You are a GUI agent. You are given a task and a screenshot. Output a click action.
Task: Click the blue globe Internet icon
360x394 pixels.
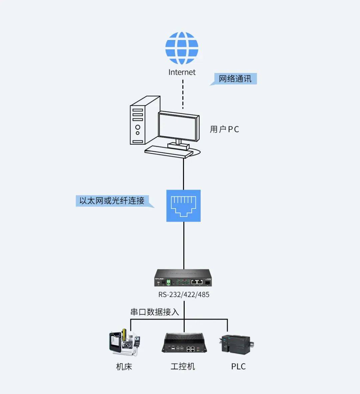coord(182,48)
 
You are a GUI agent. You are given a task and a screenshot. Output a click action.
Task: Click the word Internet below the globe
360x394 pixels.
coord(182,72)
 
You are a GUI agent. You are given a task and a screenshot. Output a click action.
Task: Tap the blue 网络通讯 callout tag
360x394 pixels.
coord(235,79)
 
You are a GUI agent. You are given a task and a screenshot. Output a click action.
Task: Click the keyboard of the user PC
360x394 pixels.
coord(169,152)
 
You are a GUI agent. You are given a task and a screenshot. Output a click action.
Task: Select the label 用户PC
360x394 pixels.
coord(224,129)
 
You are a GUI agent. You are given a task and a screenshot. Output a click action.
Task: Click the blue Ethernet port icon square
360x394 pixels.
coord(183,206)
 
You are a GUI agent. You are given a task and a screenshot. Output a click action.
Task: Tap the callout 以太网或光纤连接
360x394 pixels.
coord(112,201)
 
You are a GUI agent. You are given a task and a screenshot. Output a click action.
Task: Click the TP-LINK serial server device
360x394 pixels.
coord(183,278)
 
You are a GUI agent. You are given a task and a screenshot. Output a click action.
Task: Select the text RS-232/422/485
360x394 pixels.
coord(184,295)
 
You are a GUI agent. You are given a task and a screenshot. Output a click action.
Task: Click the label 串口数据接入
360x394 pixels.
coord(155,312)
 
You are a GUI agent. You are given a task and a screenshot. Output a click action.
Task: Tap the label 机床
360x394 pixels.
coord(124,367)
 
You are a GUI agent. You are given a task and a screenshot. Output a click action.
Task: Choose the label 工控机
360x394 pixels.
coord(183,367)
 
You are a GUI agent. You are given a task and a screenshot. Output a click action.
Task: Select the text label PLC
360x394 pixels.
coord(238,367)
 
